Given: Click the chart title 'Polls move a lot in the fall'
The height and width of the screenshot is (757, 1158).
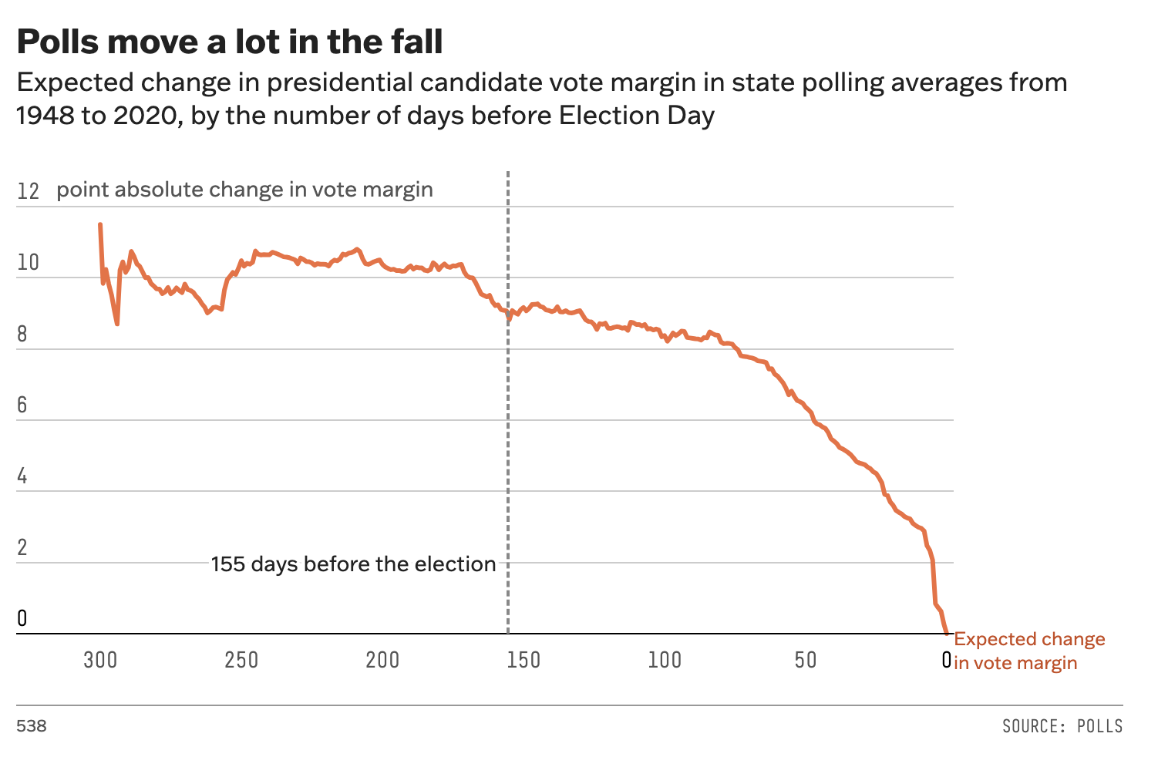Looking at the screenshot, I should click(230, 42).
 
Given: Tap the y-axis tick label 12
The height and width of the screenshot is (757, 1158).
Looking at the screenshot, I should click(28, 191).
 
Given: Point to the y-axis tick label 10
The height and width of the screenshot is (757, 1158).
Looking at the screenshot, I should click(28, 263).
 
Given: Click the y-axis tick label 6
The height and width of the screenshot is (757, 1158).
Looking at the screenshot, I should click(22, 405).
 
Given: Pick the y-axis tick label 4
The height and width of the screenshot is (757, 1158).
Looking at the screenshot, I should click(22, 476).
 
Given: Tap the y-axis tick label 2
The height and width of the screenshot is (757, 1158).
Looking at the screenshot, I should click(22, 547).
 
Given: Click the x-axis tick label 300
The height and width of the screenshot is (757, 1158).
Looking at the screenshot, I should click(100, 661).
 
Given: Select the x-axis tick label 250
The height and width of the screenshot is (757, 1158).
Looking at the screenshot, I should click(241, 661).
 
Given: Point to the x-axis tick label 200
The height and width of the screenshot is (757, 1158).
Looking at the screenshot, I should click(382, 661).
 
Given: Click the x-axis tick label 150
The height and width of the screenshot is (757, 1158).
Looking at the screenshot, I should click(523, 661).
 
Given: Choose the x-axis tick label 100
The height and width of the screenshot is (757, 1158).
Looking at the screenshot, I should click(665, 661).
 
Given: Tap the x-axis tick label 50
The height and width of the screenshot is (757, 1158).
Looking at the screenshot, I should click(806, 661).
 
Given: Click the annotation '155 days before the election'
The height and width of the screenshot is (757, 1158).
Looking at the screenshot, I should click(353, 564).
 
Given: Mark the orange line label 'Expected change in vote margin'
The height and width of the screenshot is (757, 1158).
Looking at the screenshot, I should click(1028, 651).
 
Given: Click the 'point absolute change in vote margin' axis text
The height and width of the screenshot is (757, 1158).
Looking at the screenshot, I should click(244, 190).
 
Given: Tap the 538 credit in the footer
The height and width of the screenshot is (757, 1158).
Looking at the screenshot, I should click(32, 726).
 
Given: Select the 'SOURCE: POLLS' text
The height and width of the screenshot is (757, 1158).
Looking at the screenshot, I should click(1062, 726).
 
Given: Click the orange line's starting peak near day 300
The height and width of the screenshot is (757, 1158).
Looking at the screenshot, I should click(100, 224).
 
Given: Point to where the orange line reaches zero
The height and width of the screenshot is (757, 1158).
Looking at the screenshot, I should click(947, 633).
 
